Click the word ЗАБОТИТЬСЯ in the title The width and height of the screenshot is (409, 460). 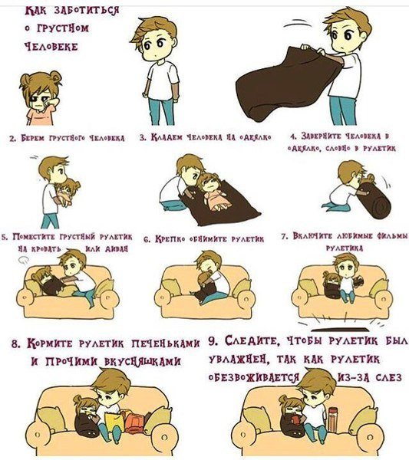click(x=86, y=11)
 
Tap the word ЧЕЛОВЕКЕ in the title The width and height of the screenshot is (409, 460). click(x=51, y=46)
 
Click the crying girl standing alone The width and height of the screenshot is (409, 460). click(x=40, y=98)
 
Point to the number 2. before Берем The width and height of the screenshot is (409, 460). click(x=13, y=139)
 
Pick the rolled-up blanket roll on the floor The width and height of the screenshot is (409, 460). click(x=375, y=199)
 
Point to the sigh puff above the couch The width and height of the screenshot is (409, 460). click(x=24, y=260)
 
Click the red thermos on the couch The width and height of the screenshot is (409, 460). click(x=333, y=419)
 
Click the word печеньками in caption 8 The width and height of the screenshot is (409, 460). click(x=166, y=343)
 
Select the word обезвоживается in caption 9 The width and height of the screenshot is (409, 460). click(x=254, y=377)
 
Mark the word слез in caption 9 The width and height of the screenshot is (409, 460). click(x=389, y=377)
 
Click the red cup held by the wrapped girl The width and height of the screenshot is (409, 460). click(x=295, y=421)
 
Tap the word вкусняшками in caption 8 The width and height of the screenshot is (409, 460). click(x=143, y=362)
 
